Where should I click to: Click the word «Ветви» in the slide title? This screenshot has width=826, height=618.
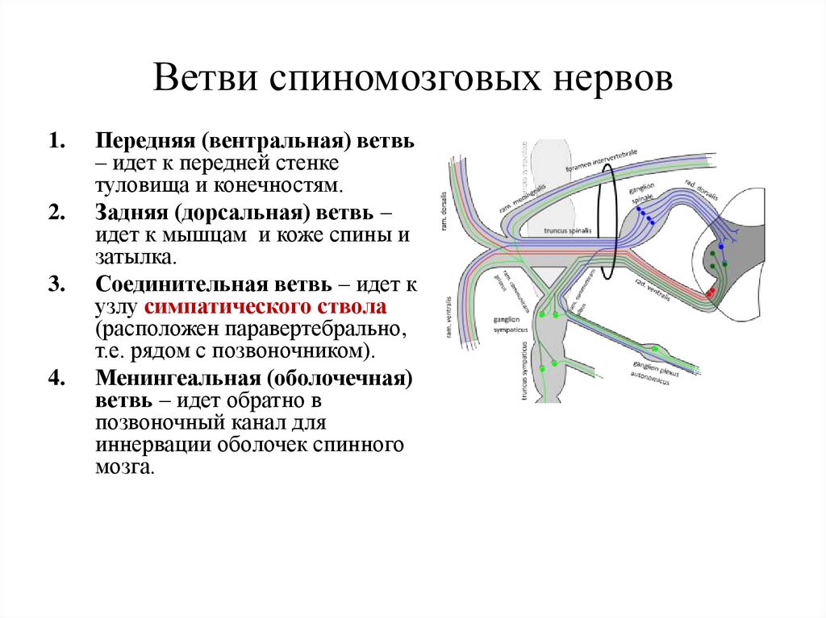tap(206, 81)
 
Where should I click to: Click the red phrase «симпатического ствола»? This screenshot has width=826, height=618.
tap(266, 308)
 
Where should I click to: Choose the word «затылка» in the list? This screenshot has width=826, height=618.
tap(133, 259)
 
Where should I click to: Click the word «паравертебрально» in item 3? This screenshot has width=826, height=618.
tap(320, 330)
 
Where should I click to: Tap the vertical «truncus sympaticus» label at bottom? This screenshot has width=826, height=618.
tap(523, 371)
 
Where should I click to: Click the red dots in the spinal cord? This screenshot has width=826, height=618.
tap(711, 292)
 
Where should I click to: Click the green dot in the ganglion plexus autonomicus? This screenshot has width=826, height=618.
tap(654, 349)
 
